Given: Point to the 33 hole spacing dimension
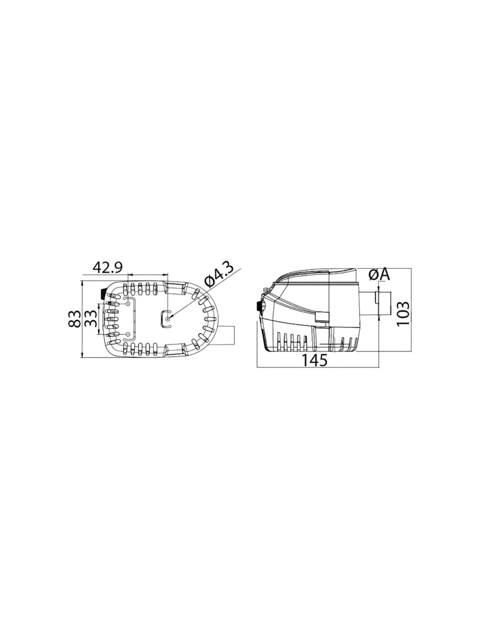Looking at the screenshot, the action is (90, 318).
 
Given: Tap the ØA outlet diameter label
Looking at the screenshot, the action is (378, 275).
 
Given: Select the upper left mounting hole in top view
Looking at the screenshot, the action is (128, 303).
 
